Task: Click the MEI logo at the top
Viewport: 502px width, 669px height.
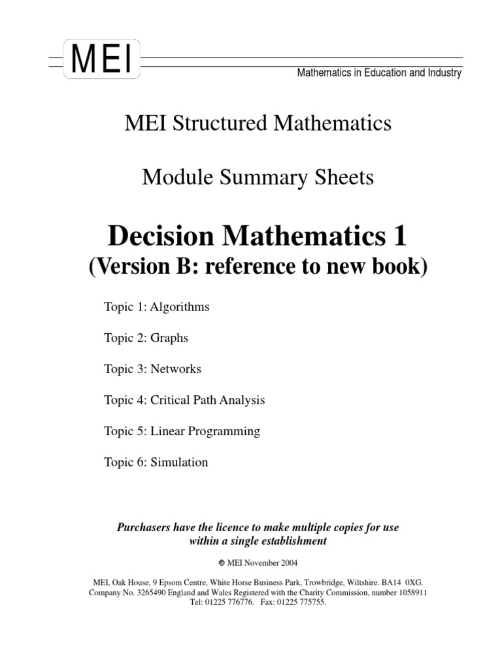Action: click(x=101, y=59)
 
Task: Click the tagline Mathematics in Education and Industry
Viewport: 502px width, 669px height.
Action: click(x=379, y=73)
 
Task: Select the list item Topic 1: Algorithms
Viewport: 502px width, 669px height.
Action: click(x=157, y=306)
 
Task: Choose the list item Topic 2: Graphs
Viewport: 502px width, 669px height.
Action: click(x=146, y=338)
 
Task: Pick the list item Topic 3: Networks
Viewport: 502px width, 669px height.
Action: click(x=152, y=368)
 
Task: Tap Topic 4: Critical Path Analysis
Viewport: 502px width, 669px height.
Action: click(x=184, y=400)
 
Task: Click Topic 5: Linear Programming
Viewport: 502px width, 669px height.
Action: click(x=182, y=431)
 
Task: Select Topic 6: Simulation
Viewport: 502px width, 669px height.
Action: click(x=156, y=462)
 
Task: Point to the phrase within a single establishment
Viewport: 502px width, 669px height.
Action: click(x=258, y=541)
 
